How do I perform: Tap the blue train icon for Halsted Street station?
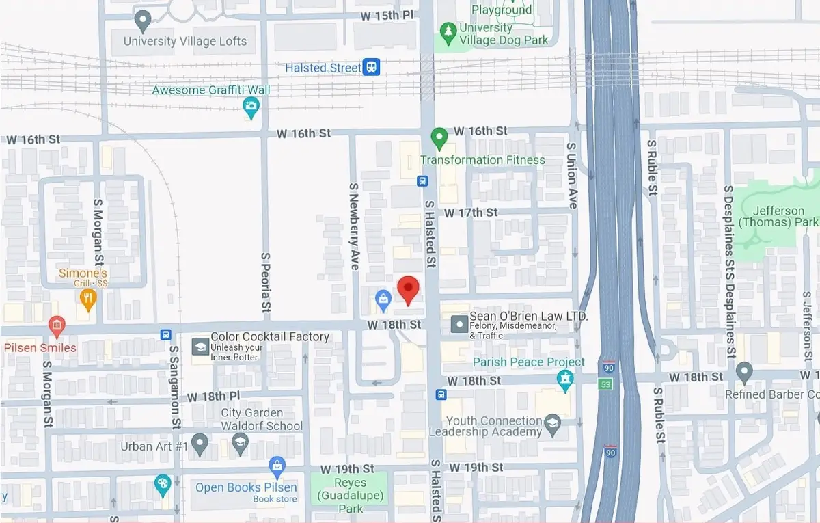pos(372,67)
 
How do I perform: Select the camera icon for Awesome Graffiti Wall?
pos(251,105)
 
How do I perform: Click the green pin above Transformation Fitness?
pos(439,137)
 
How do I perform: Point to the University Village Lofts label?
pos(184,41)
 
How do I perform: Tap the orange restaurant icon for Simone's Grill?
pos(87,297)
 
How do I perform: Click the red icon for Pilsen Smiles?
pos(57,325)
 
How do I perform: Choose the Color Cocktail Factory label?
pos(270,336)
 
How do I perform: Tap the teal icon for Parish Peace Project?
pos(564,379)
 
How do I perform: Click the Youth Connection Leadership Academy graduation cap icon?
pos(552,427)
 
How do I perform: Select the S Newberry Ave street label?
pos(354,226)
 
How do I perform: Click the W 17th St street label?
pos(471,213)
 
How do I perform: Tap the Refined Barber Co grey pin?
pos(745,373)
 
